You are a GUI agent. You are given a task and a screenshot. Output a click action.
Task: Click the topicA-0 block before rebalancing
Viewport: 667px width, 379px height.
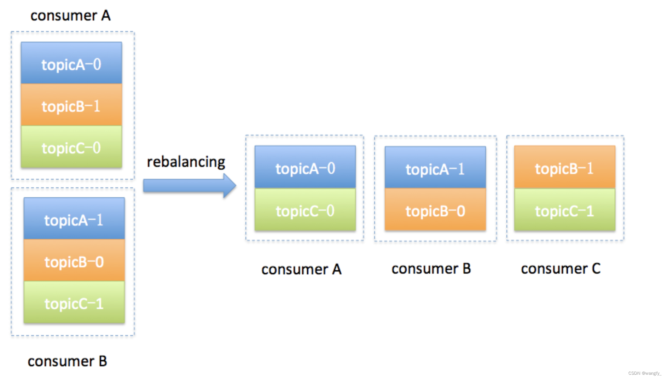[71, 64]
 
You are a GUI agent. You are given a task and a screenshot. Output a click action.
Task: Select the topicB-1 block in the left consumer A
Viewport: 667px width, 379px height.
[71, 105]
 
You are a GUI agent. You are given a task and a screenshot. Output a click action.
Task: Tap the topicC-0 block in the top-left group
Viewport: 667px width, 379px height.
[71, 147]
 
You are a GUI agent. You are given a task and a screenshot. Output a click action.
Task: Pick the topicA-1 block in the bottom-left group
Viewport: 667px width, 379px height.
[74, 219]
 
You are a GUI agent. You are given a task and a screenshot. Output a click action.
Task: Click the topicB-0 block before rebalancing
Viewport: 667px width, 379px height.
[74, 261]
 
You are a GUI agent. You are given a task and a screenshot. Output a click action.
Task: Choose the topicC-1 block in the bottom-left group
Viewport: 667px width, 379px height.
[74, 303]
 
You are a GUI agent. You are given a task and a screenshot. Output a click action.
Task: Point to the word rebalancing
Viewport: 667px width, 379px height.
[186, 162]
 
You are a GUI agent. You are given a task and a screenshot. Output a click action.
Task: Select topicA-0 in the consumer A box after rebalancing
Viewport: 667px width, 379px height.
[305, 168]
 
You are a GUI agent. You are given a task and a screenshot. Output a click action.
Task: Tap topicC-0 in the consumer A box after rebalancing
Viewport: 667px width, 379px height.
[305, 210]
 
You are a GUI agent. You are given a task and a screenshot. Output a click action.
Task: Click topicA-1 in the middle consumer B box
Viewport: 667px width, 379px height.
[435, 168]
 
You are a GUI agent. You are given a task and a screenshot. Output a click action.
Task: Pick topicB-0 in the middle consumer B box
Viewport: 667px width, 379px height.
[435, 210]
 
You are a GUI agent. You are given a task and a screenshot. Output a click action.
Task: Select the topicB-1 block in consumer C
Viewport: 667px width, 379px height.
[564, 168]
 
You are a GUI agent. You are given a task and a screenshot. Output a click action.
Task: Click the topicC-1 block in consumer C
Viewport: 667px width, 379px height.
[564, 210]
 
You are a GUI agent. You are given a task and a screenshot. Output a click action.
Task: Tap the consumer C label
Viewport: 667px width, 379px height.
[561, 269]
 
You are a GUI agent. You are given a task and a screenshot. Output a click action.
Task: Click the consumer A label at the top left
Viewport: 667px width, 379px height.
[70, 16]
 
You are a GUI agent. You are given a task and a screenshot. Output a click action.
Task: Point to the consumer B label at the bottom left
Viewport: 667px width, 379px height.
[67, 361]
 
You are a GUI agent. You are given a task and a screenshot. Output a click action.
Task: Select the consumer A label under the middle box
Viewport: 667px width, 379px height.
[301, 269]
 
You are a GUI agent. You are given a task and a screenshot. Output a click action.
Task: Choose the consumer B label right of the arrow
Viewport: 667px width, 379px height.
[431, 269]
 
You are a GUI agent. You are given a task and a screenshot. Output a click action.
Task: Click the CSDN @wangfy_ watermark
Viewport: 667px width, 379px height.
[644, 373]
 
